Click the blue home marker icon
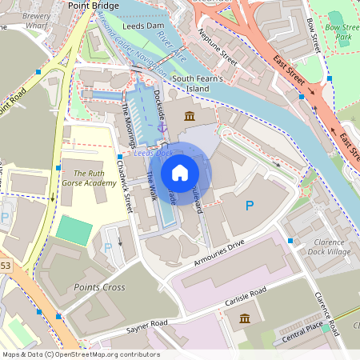click(180, 173)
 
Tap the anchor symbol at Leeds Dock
click(162, 126)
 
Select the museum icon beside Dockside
click(190, 118)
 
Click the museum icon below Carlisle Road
click(244, 319)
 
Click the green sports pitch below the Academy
click(74, 233)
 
